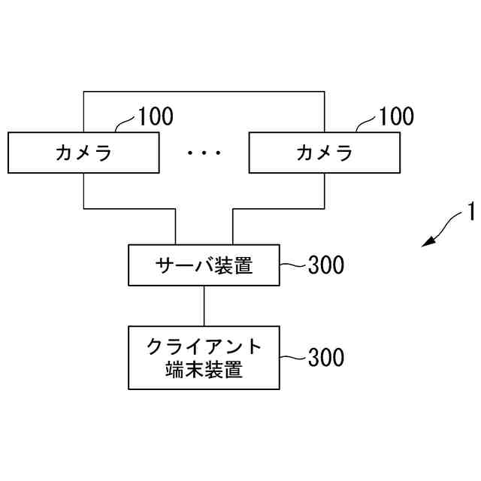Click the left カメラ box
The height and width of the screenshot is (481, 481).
pos(83,153)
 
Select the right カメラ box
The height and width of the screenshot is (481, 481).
pos(324,153)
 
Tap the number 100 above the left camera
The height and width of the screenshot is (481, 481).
pos(156,116)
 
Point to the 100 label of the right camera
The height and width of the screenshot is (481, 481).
pos(396,116)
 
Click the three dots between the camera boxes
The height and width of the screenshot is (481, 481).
pos(204,153)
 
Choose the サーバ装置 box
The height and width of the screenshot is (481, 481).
pos(204,265)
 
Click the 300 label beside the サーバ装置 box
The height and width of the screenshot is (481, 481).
pos(326,265)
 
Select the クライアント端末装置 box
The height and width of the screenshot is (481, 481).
pos(204,357)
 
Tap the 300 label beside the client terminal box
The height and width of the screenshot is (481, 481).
pos(326,358)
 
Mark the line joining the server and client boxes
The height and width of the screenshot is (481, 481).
pos(204,305)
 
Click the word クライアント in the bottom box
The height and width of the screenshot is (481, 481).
pos(204,346)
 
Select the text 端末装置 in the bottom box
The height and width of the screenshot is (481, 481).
pos(204,370)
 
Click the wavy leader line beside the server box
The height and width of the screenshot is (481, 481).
pos(293,265)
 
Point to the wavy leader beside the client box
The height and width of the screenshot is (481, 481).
pos(293,357)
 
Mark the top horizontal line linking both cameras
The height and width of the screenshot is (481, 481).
pos(204,92)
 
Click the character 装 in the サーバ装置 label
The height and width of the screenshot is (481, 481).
pos(224,265)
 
